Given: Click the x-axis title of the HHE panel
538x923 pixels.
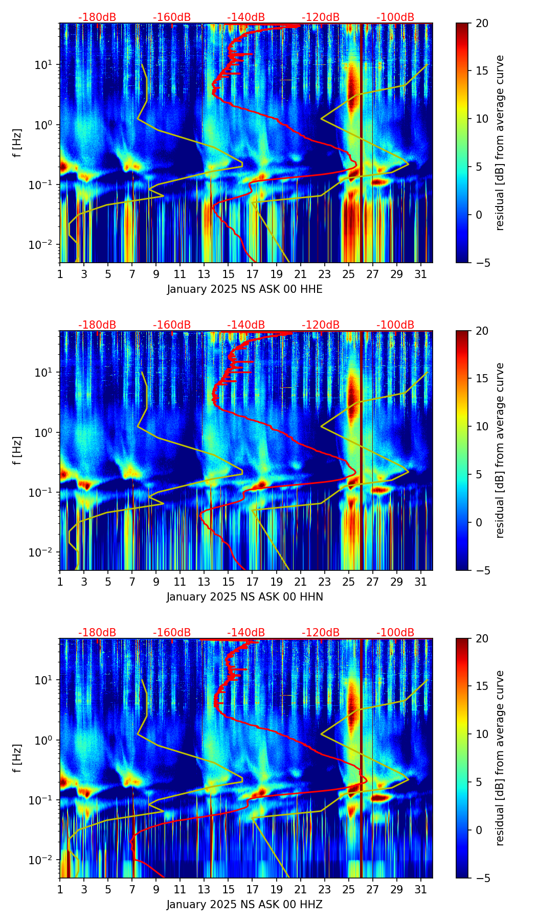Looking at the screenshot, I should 244,289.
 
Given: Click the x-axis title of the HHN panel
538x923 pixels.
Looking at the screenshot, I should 244,597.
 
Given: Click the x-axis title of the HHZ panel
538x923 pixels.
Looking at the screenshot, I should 244,905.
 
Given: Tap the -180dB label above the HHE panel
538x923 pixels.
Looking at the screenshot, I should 97,17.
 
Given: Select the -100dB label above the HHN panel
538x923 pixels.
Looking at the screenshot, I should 395,325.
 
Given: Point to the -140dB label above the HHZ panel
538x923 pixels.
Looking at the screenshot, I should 246,633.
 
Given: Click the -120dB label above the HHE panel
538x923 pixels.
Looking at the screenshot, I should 321,17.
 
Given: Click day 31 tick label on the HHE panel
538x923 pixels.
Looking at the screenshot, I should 420,274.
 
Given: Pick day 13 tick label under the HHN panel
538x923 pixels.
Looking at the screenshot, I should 204,582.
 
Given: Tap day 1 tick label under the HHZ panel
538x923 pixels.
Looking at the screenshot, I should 60,889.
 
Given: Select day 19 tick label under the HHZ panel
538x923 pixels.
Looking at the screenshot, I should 276,889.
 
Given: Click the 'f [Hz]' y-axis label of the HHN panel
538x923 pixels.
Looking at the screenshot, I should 17,450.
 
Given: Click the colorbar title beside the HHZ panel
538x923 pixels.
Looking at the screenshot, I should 500,758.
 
